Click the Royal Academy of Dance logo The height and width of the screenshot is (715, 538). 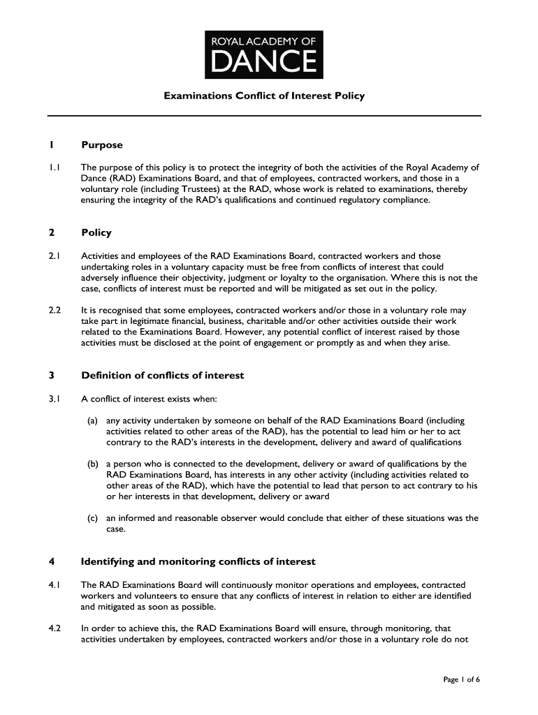click(264, 55)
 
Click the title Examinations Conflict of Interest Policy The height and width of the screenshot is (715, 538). click(264, 96)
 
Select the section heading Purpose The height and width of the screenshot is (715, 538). click(102, 145)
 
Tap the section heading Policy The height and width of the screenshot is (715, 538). click(96, 233)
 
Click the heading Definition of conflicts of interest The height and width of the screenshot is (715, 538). click(162, 376)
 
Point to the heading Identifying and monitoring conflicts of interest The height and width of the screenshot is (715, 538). click(198, 561)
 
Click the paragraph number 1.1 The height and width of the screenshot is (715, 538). click(54, 168)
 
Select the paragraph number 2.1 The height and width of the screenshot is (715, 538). click(54, 256)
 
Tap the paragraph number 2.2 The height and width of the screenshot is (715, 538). click(54, 310)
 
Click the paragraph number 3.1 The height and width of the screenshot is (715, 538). click(54, 399)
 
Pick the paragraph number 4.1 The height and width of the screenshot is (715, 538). click(54, 584)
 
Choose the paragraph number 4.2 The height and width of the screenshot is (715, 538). click(54, 628)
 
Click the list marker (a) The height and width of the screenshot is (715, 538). click(92, 421)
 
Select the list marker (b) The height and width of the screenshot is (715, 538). click(92, 464)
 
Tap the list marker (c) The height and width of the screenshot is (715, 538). click(92, 518)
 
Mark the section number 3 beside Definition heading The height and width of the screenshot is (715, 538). click(51, 376)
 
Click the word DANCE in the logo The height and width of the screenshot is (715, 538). click(264, 64)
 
